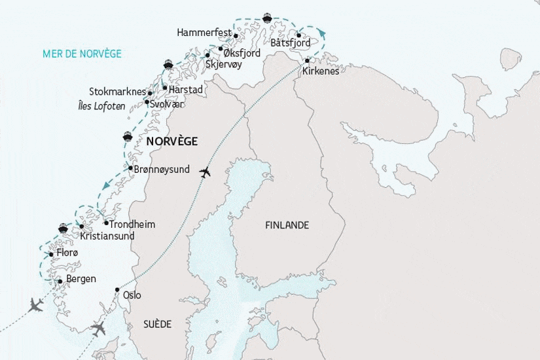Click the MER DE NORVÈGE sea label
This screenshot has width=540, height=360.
click(x=82, y=54)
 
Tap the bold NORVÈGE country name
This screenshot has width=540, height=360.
click(x=171, y=141)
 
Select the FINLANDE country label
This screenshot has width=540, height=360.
click(x=287, y=225)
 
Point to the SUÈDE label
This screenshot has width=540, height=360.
click(x=157, y=324)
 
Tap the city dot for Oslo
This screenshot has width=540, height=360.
click(x=117, y=289)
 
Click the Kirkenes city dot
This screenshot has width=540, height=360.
click(x=306, y=61)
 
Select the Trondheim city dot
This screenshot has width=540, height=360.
click(x=106, y=223)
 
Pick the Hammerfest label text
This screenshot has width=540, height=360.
click(x=204, y=33)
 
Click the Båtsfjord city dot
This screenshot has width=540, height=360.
click(x=298, y=35)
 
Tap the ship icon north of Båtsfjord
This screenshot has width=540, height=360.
click(x=266, y=18)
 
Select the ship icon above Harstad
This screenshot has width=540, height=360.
click(x=168, y=64)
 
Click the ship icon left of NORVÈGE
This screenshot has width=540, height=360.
click(x=128, y=137)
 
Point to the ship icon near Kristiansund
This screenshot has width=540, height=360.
click(x=63, y=228)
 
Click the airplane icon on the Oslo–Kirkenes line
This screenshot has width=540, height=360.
click(x=205, y=173)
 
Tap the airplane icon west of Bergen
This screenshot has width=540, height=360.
click(x=36, y=304)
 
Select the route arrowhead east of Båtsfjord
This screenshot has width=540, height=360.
click(x=321, y=32)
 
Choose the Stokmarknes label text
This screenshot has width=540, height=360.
click(x=117, y=92)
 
